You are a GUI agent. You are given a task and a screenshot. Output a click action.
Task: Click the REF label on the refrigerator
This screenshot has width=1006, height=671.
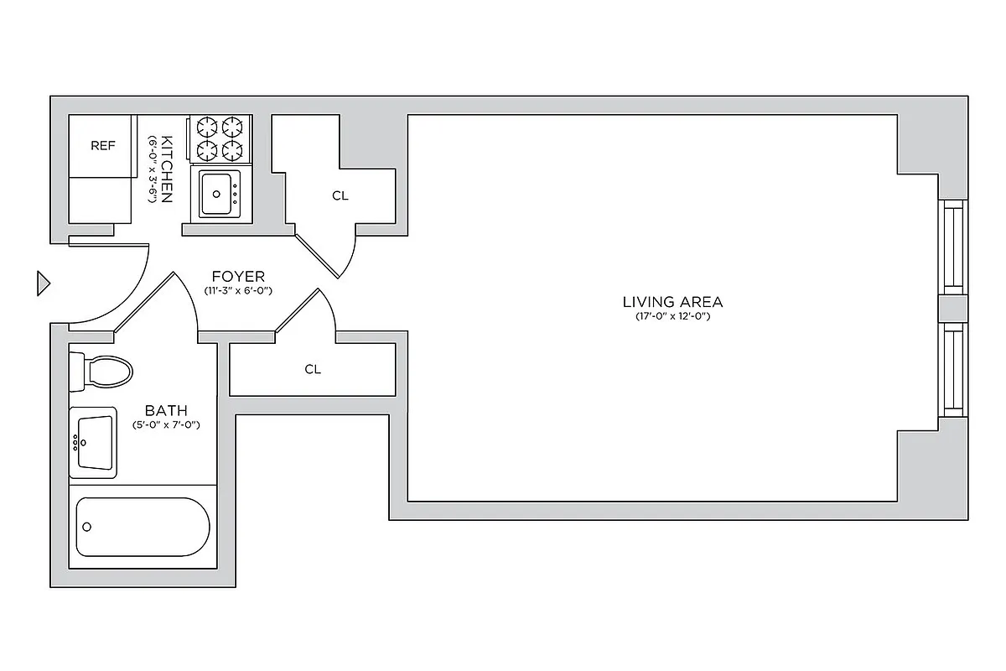pos(102,146)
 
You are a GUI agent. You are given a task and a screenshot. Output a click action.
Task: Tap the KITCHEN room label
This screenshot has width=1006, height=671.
pos(167,169)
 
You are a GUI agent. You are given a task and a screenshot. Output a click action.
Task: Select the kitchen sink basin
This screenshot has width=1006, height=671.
pos(218,193)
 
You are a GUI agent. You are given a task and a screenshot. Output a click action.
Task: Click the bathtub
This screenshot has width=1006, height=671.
pos(142,527)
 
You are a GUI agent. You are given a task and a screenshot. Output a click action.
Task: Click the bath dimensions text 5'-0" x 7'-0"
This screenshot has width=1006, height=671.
pos(166,425)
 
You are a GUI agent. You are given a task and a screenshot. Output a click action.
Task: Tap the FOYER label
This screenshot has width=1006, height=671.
pos(238,276)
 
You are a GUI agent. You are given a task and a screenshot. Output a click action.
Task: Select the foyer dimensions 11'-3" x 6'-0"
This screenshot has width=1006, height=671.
pos(238,290)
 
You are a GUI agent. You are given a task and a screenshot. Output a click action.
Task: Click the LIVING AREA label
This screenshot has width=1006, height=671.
pos(672,302)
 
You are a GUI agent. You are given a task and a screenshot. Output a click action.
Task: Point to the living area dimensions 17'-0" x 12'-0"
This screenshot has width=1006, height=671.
pos(672,316)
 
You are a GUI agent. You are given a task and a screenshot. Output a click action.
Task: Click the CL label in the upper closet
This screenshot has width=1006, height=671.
pos(340,196)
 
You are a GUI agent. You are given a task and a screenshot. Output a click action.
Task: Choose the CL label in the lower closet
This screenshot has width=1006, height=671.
pos(313,369)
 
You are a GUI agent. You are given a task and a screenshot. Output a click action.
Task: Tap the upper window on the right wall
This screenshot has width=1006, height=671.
pos(952,247)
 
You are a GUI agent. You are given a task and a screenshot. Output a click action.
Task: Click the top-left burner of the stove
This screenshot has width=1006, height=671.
pos(207,127)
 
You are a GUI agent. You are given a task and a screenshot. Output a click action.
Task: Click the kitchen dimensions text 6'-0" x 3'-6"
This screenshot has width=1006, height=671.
pos(153,169)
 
